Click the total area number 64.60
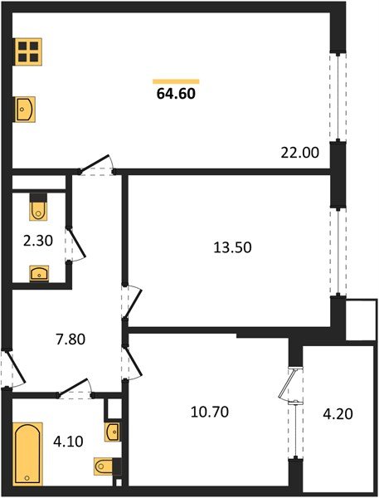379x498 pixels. [x=177, y=94]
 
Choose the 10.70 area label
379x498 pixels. [x=208, y=410]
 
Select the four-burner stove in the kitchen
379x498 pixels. [x=28, y=52]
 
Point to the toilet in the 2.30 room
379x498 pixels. [x=38, y=208]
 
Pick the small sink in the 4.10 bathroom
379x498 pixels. [x=114, y=432]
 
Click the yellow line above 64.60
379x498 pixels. [x=176, y=81]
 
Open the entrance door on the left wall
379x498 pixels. [x=7, y=369]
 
